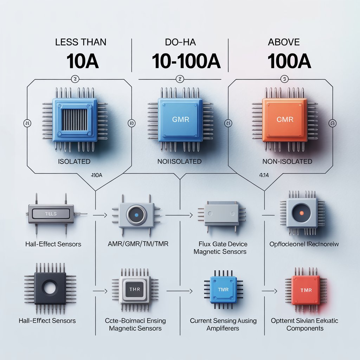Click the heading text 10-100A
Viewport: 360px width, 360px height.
click(x=186, y=61)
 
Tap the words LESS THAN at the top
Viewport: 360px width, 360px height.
click(x=81, y=42)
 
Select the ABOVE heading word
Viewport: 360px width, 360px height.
click(x=283, y=42)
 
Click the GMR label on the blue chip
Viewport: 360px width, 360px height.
click(x=181, y=120)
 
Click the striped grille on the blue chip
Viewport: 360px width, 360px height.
click(x=75, y=119)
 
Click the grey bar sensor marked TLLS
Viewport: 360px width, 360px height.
click(x=51, y=213)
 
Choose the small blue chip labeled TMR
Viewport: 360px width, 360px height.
click(x=223, y=290)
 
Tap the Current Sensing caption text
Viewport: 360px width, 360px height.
click(x=223, y=321)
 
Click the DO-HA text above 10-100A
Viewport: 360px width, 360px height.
click(x=180, y=42)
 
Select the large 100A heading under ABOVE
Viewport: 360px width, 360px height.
click(x=289, y=61)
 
